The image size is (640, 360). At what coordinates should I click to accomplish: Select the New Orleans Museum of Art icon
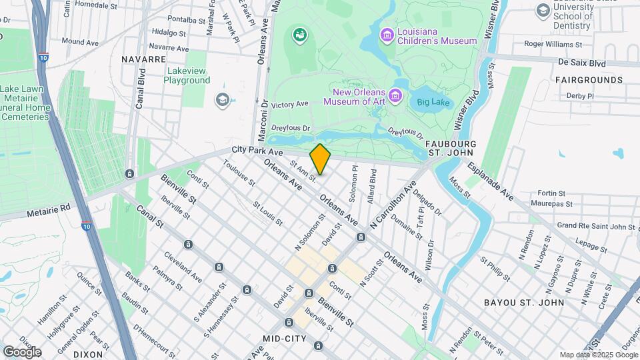tap(397, 96)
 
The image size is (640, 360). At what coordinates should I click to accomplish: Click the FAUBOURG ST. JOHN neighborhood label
tap(451, 149)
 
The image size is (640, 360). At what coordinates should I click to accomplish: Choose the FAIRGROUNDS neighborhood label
tap(589, 80)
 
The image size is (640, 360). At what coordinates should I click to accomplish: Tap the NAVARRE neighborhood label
tap(143, 59)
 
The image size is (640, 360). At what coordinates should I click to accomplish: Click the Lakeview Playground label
tap(187, 75)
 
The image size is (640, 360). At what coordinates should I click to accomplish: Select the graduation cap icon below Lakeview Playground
tap(222, 100)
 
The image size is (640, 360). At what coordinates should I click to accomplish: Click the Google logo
tap(21, 351)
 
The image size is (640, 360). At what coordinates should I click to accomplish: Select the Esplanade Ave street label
tap(490, 181)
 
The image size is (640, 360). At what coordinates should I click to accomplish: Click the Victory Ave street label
tap(289, 105)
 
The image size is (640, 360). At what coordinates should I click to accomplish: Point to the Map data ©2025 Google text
tap(597, 355)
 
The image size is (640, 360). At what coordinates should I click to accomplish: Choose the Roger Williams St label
tap(553, 44)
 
